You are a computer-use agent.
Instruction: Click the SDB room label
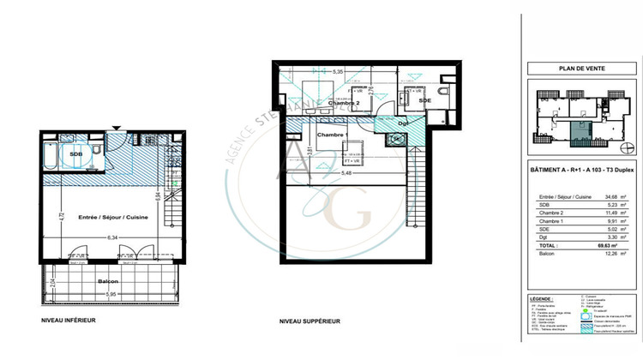76,154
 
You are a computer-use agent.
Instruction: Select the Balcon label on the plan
106,281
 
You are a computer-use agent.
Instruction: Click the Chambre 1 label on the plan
331,135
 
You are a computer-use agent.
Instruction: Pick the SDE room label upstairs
425,100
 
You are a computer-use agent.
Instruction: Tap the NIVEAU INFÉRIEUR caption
69,320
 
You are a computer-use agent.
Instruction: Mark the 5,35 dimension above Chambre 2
339,72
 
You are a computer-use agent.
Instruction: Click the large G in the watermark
361,213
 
